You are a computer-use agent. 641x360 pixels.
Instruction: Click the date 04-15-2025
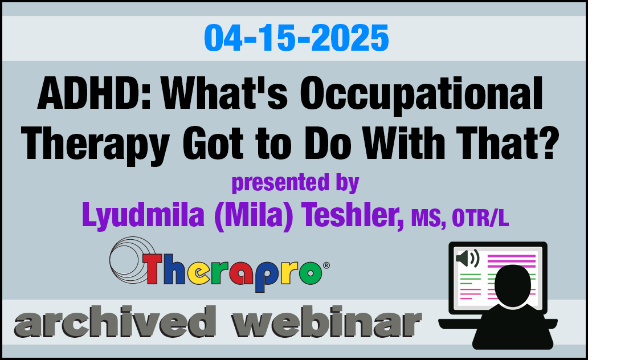coord(296,38)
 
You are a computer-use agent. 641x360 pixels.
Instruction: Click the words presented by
coord(295,183)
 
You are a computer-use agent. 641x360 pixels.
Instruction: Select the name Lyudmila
coord(143,216)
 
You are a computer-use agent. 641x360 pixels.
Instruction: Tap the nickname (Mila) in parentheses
coord(254,216)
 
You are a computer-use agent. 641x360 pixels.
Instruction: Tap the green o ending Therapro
coord(311,272)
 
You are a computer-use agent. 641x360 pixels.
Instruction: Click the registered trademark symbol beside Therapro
coord(326,265)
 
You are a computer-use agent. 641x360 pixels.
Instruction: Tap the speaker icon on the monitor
coord(467,259)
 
